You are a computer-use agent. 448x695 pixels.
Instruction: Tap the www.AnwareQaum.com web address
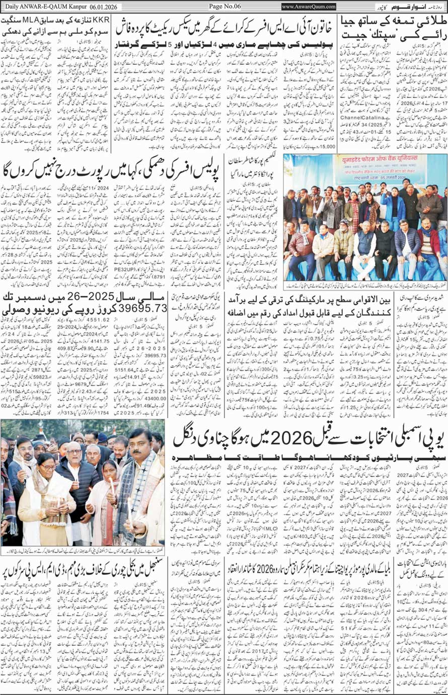coord(309,6)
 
